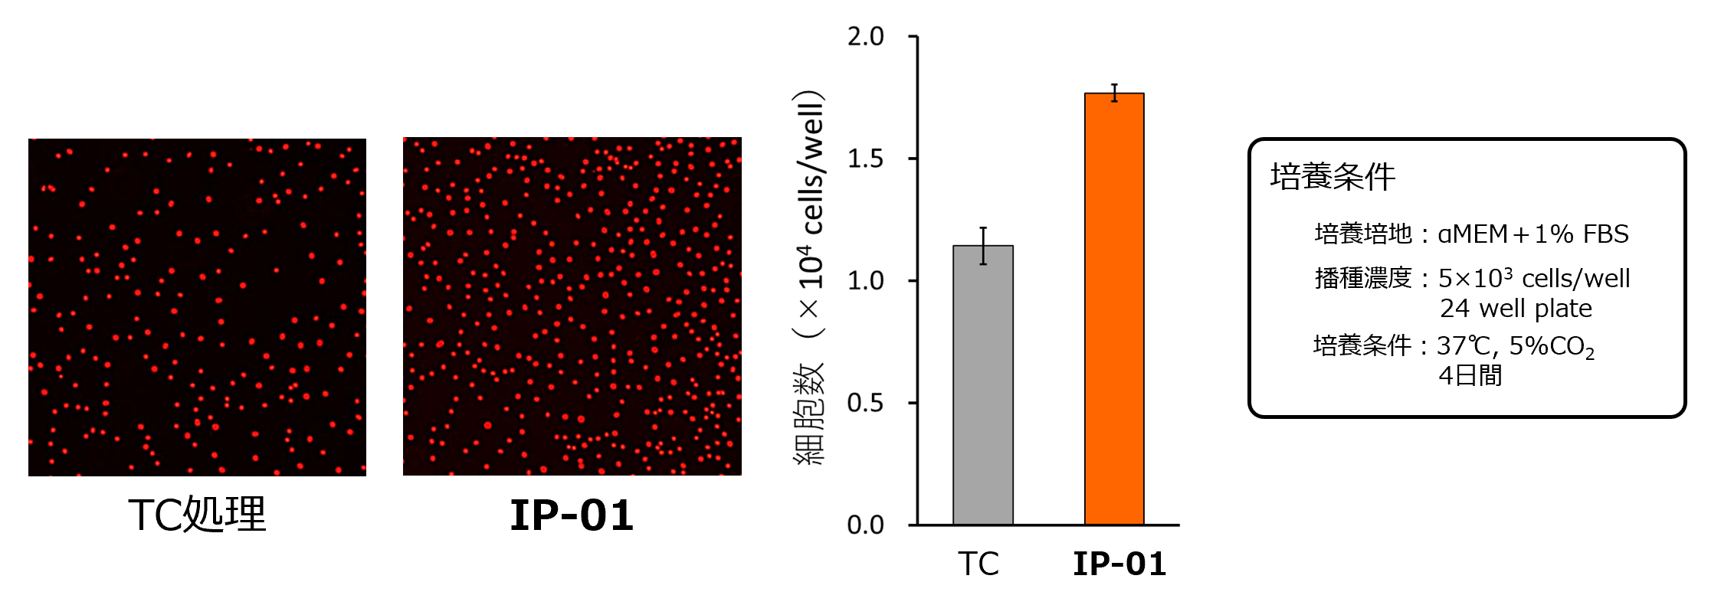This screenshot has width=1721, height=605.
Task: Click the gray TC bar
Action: [x=983, y=385]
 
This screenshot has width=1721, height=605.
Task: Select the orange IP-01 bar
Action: [x=1114, y=309]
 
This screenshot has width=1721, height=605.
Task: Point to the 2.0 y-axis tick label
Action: [x=866, y=37]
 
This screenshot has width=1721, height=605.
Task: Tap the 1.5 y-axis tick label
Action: [x=866, y=159]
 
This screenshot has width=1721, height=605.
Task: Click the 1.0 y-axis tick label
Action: [x=866, y=281]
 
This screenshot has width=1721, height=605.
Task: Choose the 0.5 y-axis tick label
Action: [x=866, y=403]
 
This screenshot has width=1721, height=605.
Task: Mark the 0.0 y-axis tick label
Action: [x=866, y=525]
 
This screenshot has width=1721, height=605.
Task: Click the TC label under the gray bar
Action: [x=979, y=564]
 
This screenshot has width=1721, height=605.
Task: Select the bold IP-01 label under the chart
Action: [x=1119, y=564]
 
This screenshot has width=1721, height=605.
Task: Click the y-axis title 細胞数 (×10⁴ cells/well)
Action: [x=809, y=277]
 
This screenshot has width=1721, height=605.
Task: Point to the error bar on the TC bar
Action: [x=983, y=245]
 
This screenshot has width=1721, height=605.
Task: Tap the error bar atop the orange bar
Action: [x=1115, y=93]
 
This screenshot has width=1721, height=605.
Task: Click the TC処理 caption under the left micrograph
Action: [x=197, y=515]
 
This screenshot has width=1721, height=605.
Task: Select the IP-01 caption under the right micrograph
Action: [x=572, y=515]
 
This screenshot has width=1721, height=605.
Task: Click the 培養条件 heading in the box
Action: [x=1333, y=177]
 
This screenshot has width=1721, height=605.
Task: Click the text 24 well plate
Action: [x=1516, y=309]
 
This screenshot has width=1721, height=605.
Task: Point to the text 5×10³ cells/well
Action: [x=1533, y=278]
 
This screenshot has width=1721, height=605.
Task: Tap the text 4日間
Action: [x=1470, y=375]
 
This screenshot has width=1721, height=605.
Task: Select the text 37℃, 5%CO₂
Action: [x=1515, y=346]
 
